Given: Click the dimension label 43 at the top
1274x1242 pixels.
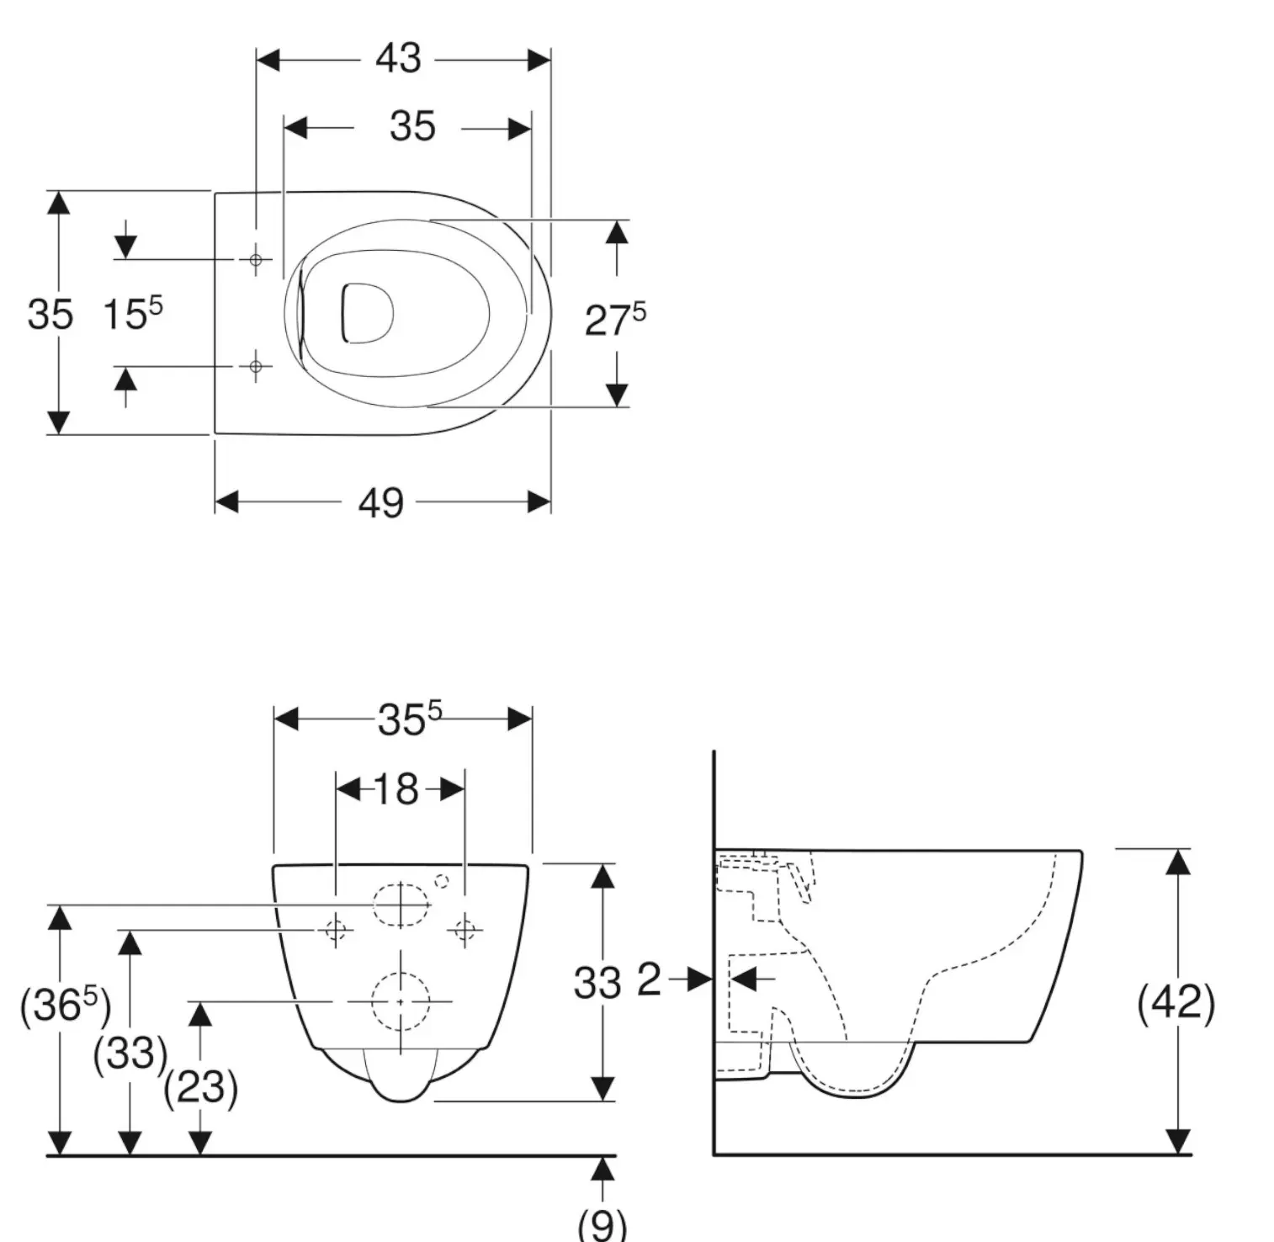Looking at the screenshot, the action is click(398, 59).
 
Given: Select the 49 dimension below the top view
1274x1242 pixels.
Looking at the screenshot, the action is click(381, 503).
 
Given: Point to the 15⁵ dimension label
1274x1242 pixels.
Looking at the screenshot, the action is click(133, 313).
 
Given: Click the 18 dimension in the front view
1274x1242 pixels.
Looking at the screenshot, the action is click(395, 789).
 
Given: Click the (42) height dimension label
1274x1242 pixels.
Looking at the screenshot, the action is click(1176, 1001).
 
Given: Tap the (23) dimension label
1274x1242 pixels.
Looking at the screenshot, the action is click(200, 1087).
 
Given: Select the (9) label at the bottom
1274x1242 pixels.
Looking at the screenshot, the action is click(602, 1223).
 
